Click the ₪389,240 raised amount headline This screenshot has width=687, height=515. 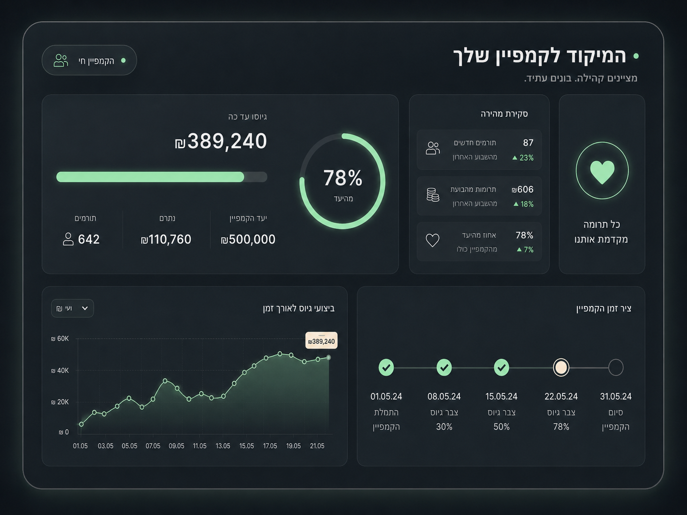221,141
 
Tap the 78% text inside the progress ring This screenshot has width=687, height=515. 343,178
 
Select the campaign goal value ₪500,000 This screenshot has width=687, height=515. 248,239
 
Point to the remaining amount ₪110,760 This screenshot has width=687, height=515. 166,239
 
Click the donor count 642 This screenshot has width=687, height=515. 89,239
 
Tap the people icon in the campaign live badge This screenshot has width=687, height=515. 61,60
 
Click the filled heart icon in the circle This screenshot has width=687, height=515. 602,172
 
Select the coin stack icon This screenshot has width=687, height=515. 433,195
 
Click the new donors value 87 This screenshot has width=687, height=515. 528,143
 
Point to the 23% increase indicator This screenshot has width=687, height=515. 523,158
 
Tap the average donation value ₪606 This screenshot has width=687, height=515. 522,189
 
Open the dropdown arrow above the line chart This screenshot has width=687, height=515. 85,308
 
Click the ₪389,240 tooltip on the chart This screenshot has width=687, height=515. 321,340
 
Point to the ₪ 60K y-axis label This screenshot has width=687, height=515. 60,339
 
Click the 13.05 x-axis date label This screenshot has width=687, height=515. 223,446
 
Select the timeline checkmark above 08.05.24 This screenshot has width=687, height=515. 444,368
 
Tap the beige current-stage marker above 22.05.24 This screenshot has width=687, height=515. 561,368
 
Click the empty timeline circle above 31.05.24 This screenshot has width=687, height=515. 616,368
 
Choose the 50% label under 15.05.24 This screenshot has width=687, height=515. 501,427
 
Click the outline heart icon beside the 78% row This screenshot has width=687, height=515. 433,240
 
